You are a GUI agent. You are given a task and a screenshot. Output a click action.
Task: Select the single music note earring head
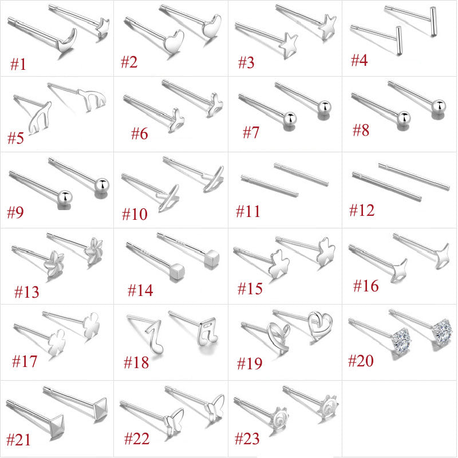154,336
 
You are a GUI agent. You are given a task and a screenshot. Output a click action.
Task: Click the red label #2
129,62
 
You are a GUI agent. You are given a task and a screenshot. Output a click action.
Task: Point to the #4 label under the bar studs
359,60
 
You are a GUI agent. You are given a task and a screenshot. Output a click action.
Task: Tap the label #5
15,138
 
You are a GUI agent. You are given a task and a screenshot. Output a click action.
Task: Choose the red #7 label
251,132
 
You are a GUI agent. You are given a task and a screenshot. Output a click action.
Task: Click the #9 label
15,212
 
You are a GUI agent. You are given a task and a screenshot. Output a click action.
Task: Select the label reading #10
135,214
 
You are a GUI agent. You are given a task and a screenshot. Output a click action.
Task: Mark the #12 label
362,210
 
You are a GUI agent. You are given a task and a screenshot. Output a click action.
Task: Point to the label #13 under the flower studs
26,292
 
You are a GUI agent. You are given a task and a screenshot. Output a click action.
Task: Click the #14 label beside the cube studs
140,290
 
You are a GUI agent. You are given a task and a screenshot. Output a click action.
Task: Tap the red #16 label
366,286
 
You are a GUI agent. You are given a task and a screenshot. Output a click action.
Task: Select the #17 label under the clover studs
25,361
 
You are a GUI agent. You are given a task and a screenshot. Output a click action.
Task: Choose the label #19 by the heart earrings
250,364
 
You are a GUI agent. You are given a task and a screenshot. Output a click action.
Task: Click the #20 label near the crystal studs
361,361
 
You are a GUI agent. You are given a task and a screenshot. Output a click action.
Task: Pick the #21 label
18,440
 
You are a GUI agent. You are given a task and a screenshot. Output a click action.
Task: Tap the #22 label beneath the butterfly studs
137,439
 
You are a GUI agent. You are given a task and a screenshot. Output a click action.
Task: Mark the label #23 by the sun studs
247,439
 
